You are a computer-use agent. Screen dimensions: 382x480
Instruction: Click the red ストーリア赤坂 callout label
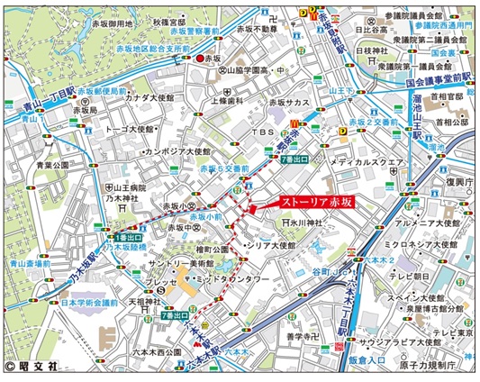(x=315, y=203)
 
